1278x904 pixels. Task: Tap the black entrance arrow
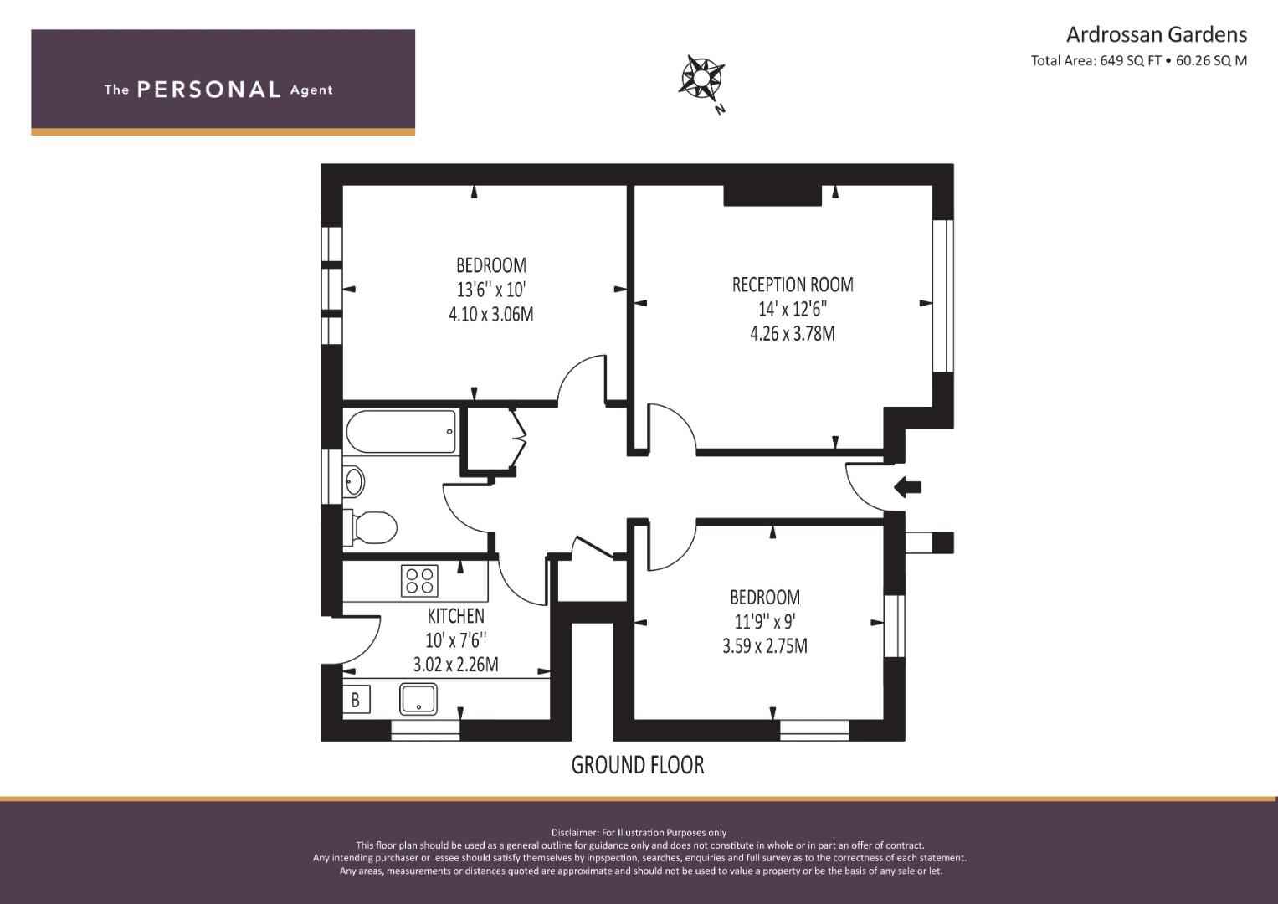[x=907, y=487]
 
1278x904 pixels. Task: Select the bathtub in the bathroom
[x=402, y=432]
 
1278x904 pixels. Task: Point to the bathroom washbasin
[x=354, y=480]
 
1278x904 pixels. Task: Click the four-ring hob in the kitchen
[x=419, y=580]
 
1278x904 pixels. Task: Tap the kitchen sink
[x=418, y=699]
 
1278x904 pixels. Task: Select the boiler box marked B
[x=356, y=700]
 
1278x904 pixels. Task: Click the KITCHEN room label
[x=456, y=616]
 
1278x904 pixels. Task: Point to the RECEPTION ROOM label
[x=793, y=285]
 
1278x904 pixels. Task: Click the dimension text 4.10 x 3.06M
[x=490, y=314]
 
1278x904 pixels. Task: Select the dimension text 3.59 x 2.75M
[x=764, y=646]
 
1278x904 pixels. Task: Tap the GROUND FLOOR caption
[x=638, y=765]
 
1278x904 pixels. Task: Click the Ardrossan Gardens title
[x=1157, y=35]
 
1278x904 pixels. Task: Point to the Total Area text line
[x=1139, y=60]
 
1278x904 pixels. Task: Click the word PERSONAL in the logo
[x=209, y=90]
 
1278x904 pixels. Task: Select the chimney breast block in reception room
[x=772, y=195]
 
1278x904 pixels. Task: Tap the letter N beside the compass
[x=721, y=109]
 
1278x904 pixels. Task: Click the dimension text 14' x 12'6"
[x=793, y=309]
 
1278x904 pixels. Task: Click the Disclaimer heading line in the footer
[x=639, y=833]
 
